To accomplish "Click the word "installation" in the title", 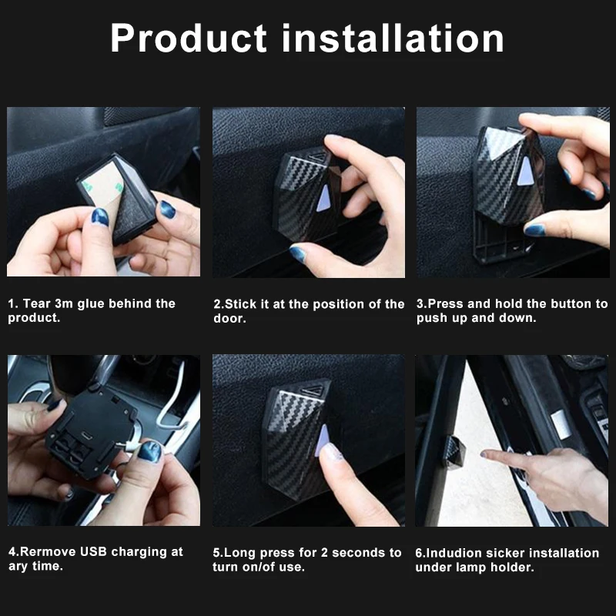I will [x=393, y=38].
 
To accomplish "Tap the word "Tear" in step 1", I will [x=37, y=304].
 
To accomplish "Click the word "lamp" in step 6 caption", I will [x=470, y=567].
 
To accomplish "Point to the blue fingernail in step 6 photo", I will [x=487, y=454].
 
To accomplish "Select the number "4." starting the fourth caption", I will [x=13, y=552].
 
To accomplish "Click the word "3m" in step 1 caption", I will [x=65, y=304].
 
